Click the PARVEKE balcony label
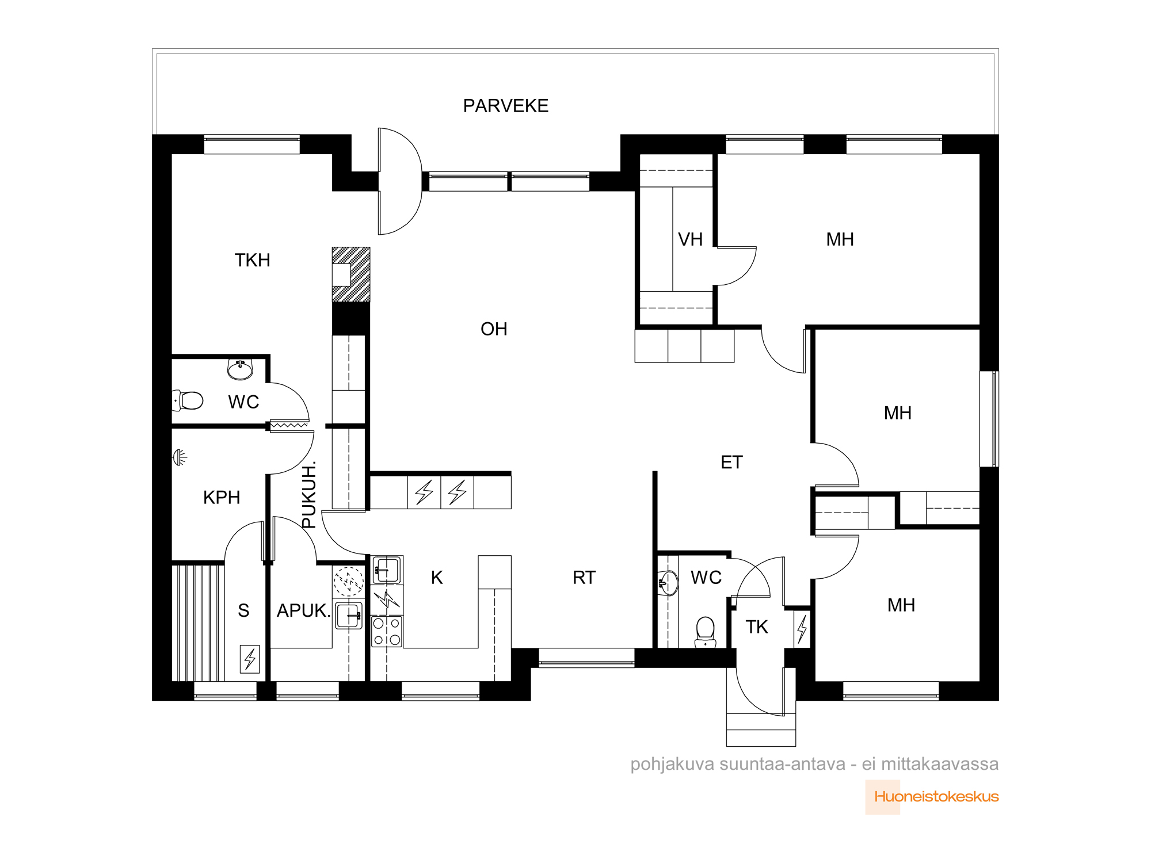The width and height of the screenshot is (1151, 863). point(506,106)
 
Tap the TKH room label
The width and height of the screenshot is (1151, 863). point(252,260)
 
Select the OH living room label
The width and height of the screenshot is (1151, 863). point(494,329)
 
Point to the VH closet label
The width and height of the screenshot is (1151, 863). point(690,239)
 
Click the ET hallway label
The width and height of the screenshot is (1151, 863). point(731,462)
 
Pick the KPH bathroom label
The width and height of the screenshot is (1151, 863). point(222,497)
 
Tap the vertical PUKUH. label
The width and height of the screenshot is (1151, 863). point(309,494)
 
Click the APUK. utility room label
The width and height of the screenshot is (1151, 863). point(303,610)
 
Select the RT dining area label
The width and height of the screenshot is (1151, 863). point(584,578)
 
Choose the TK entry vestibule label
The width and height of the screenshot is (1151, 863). point(757,627)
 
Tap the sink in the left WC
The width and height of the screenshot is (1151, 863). point(240,370)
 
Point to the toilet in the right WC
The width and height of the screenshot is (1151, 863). point(706,631)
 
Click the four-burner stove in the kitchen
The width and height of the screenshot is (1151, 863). point(387,631)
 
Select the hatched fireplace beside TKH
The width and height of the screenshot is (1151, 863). point(351,274)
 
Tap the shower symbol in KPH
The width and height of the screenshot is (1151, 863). point(180,457)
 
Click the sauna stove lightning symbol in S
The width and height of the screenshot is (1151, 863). point(250,659)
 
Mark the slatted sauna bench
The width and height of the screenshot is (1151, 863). point(198,623)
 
